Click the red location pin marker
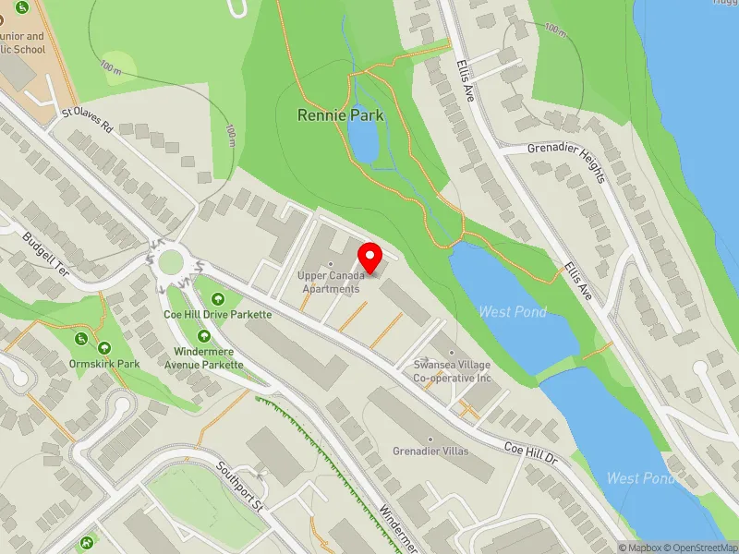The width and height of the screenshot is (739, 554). [370, 258]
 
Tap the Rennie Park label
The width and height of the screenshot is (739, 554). [340, 115]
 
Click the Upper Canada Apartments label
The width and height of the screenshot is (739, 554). [329, 282]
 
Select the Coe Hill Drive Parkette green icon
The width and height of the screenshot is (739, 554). [218, 298]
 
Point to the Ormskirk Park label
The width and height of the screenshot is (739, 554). [103, 364]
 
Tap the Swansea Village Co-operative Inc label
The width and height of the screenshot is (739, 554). [452, 371]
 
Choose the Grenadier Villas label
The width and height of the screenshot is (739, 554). [429, 451]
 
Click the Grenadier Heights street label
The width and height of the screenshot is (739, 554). [565, 162]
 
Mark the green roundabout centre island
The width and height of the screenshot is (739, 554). [170, 262]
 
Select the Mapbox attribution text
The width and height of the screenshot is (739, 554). [639, 548]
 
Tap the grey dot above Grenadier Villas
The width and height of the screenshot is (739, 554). [429, 439]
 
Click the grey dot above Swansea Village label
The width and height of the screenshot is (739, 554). [452, 352]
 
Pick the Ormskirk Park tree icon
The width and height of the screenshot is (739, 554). [103, 347]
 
